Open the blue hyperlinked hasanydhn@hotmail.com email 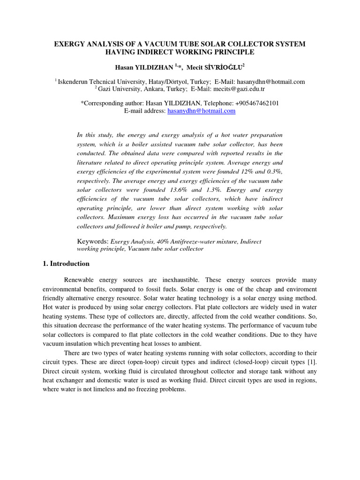tap(201, 111)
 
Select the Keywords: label tap(92, 241)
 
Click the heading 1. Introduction tap(66, 264)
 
